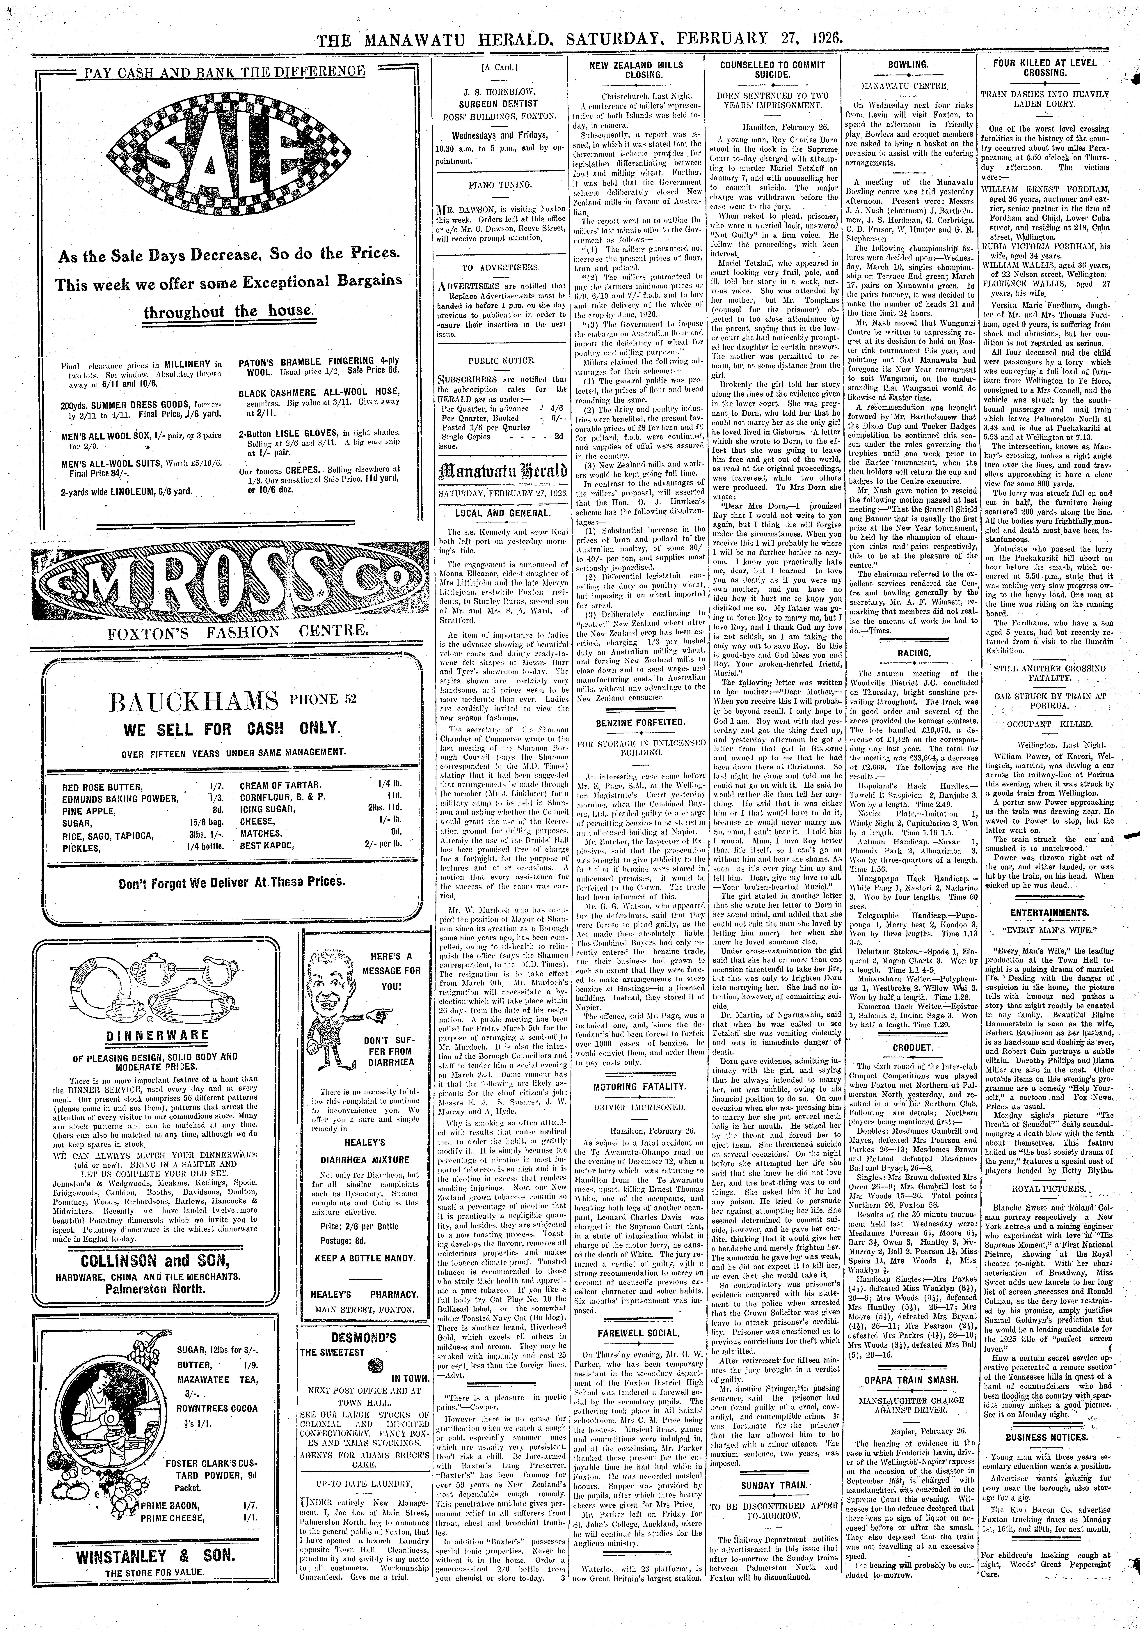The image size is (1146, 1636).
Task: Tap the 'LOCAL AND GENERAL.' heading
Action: pyautogui.click(x=501, y=512)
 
